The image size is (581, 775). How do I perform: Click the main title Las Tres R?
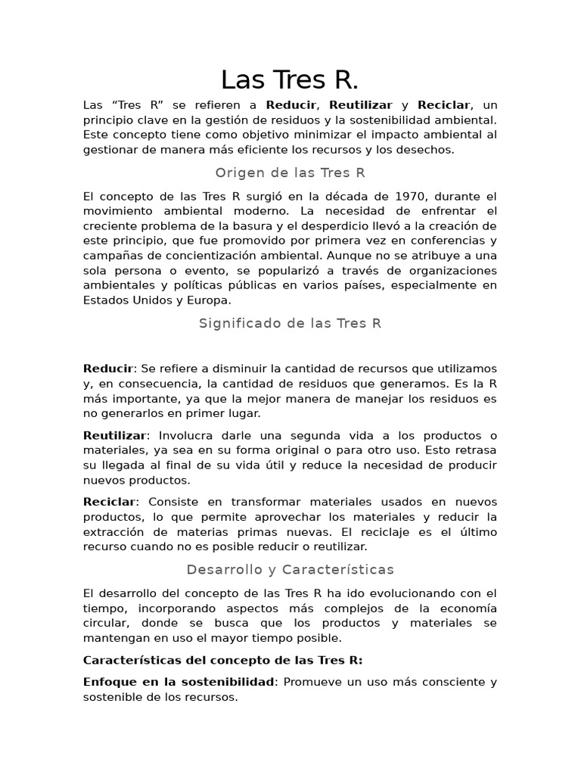[x=290, y=79]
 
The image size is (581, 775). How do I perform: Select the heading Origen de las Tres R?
[x=290, y=173]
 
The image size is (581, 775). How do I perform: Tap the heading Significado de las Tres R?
[x=290, y=323]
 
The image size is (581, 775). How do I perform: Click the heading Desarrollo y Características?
[x=290, y=569]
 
